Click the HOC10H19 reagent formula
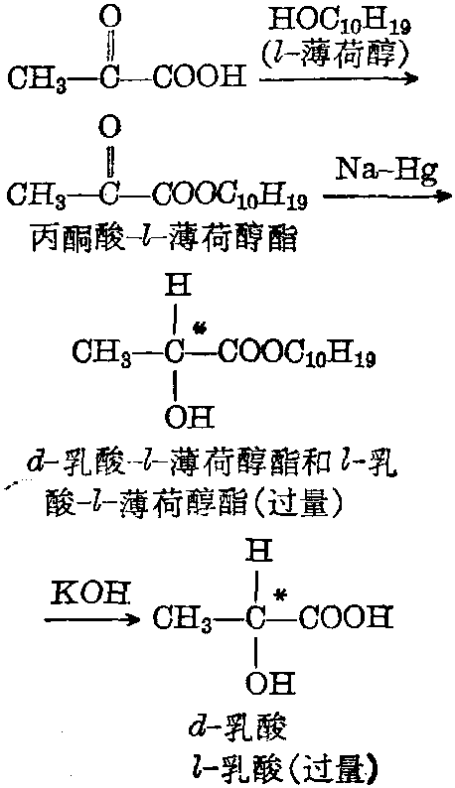[339, 23]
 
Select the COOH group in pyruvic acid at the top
[200, 77]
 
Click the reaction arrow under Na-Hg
[387, 196]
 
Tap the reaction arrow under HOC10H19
[338, 78]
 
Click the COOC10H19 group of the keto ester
[231, 194]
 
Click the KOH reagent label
[91, 596]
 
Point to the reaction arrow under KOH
[92, 619]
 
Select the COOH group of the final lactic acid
[345, 617]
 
